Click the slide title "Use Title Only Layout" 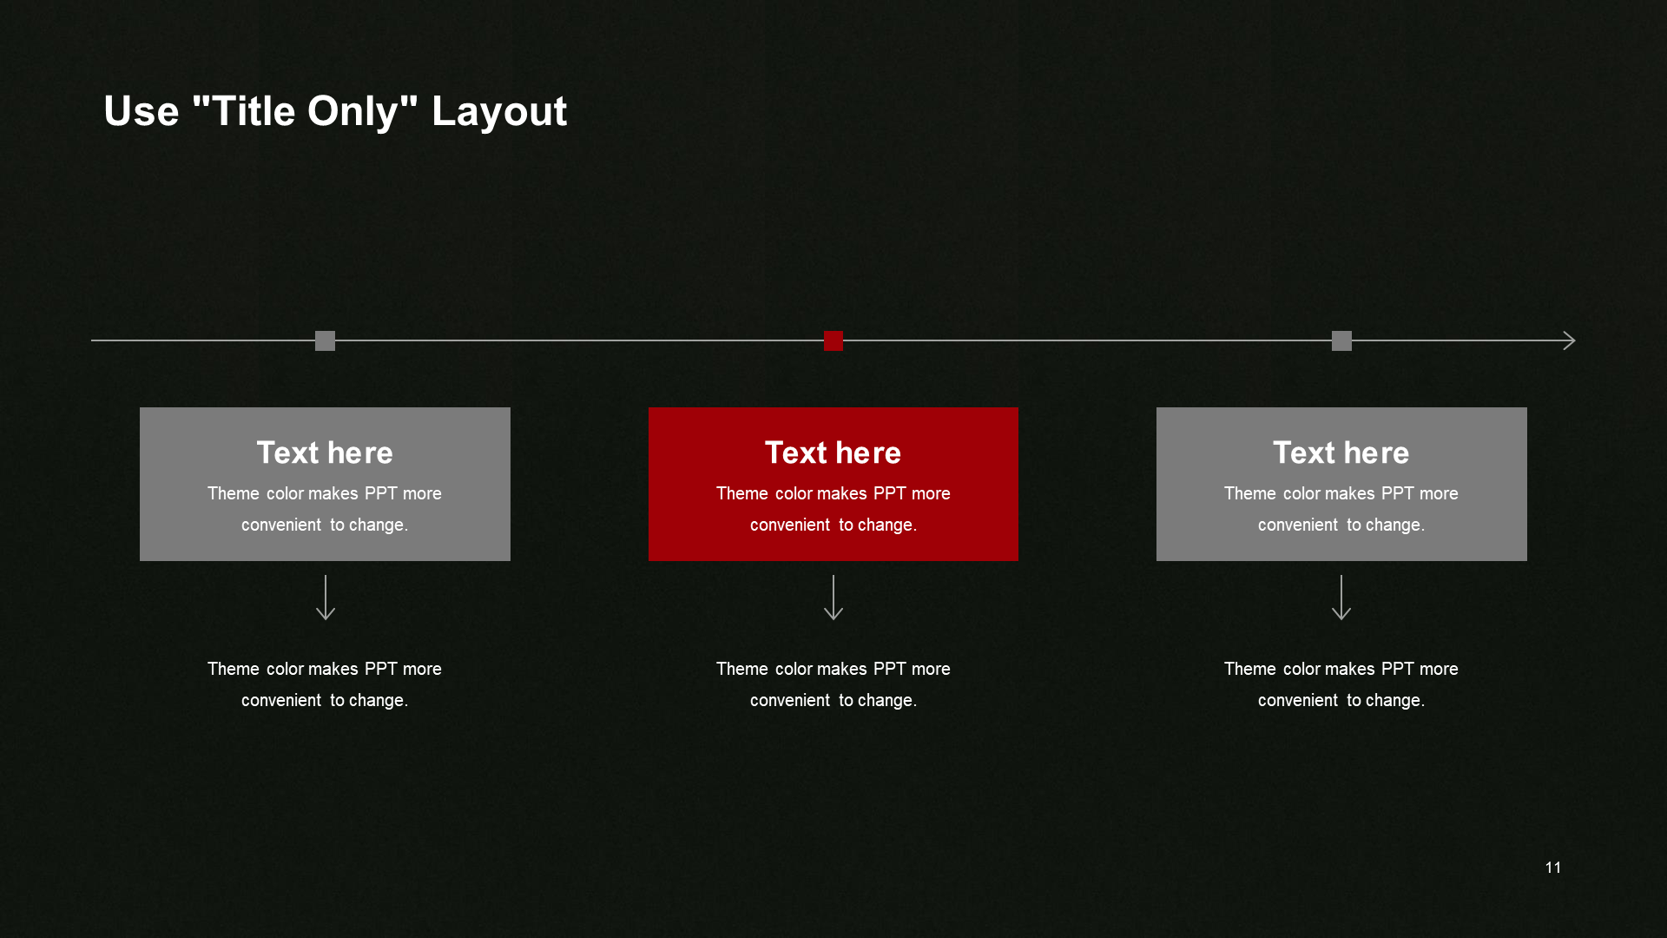[335, 112]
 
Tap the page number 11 [1553, 868]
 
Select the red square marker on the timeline [833, 340]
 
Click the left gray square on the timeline [325, 340]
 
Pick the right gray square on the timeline [1341, 340]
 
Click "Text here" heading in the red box [833, 452]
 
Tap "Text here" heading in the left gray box [325, 452]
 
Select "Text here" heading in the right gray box [1341, 452]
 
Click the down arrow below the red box [833, 598]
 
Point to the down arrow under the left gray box [326, 598]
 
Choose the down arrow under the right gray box [1341, 598]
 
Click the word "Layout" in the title [499, 112]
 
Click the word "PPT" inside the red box [890, 493]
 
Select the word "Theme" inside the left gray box [234, 493]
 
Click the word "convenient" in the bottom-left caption [281, 700]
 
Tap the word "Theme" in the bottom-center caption [742, 669]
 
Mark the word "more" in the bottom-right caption [1439, 669]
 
